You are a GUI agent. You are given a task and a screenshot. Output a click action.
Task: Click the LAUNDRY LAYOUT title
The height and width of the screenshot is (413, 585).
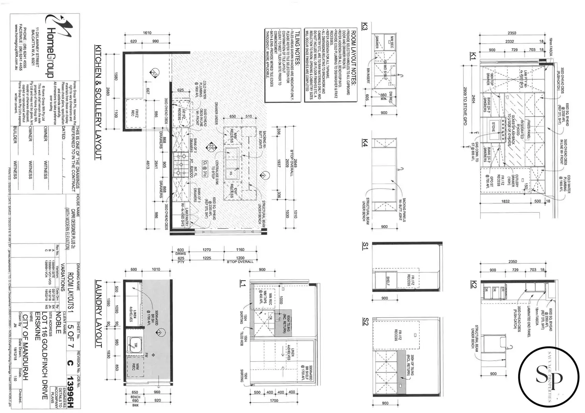pos(98,314)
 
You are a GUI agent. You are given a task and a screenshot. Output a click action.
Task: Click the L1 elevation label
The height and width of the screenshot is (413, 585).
pos(242,283)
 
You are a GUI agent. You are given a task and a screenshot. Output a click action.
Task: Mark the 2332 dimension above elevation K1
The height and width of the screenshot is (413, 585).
pos(509,41)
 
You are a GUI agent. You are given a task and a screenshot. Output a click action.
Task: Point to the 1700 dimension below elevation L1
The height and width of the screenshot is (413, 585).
pos(274,400)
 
